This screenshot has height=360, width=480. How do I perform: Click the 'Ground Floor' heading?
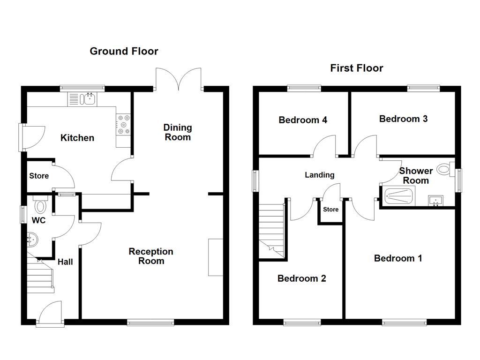pos(124,51)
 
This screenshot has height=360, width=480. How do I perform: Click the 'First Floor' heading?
pos(356,68)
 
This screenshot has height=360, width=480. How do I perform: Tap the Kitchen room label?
pos(77,138)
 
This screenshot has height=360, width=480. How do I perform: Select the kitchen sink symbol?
pos(88,99)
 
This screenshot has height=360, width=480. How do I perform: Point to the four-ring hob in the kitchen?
pos(124,125)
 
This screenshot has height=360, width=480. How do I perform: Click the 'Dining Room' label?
pos(178,132)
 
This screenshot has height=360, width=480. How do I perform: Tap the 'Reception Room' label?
pos(151,256)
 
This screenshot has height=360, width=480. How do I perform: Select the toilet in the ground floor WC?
pos(41,205)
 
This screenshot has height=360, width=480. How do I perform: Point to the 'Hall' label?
pos(65,262)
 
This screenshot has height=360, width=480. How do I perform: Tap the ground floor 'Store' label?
pos(39,176)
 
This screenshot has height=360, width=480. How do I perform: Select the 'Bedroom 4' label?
pos(303,120)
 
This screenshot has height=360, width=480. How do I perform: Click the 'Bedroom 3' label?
pos(403,119)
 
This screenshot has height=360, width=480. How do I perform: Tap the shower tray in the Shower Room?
pos(399,196)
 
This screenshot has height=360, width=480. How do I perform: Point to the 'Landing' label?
pos(320,175)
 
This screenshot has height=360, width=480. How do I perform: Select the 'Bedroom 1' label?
pos(398,258)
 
